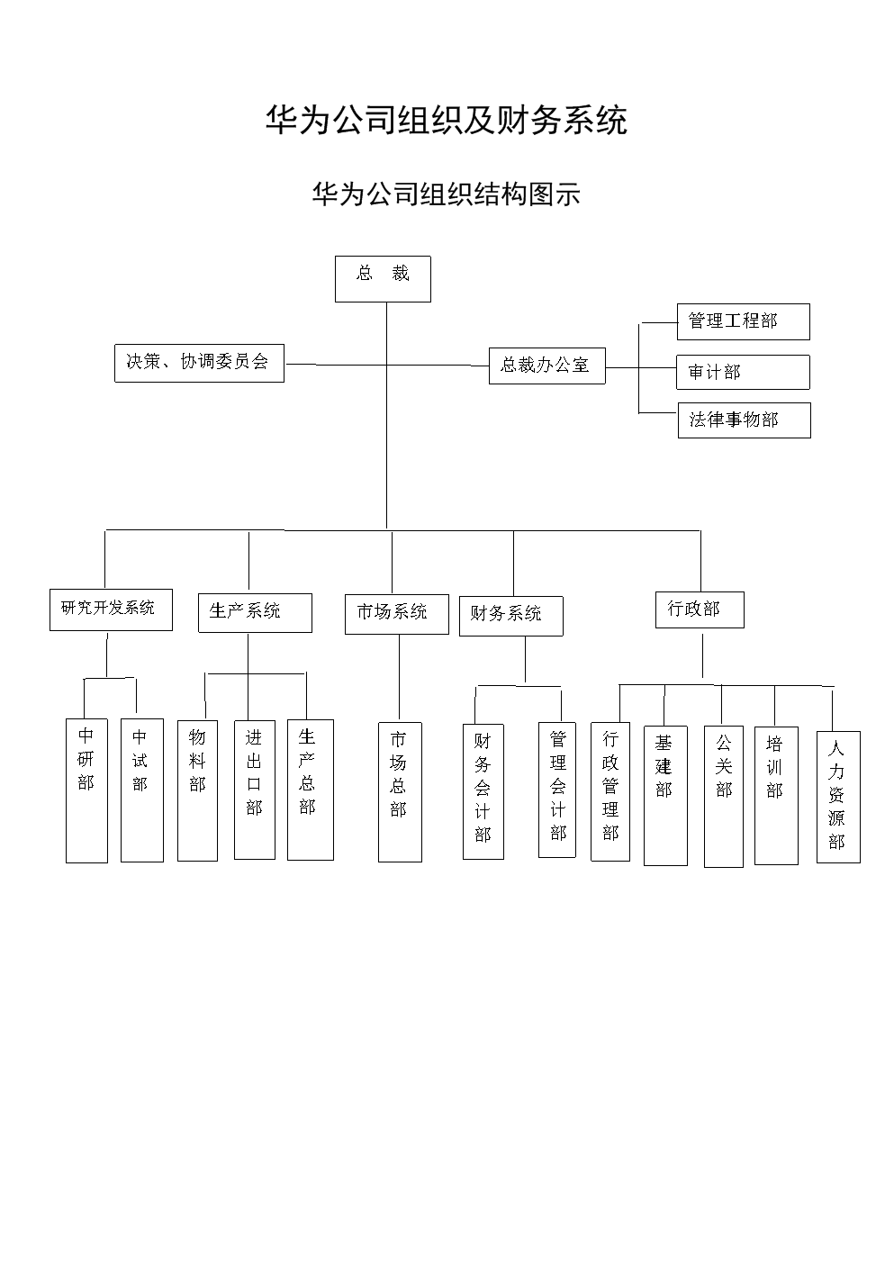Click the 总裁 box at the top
coord(383,278)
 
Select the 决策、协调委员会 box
coord(199,362)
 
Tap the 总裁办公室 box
coord(546,366)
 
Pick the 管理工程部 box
coord(743,321)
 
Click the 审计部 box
coord(743,372)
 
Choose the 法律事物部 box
coord(744,420)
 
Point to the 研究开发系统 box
coord(111,609)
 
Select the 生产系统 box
coord(255,612)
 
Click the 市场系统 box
coord(396,613)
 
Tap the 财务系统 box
coord(510,616)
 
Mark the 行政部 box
coord(700,609)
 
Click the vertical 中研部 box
coord(86,790)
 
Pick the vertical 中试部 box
coord(141,790)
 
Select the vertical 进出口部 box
coord(255,790)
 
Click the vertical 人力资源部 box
coord(837,797)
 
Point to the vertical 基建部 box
coord(665,795)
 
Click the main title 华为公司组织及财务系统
coord(447,120)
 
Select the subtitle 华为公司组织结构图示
coord(447,194)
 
